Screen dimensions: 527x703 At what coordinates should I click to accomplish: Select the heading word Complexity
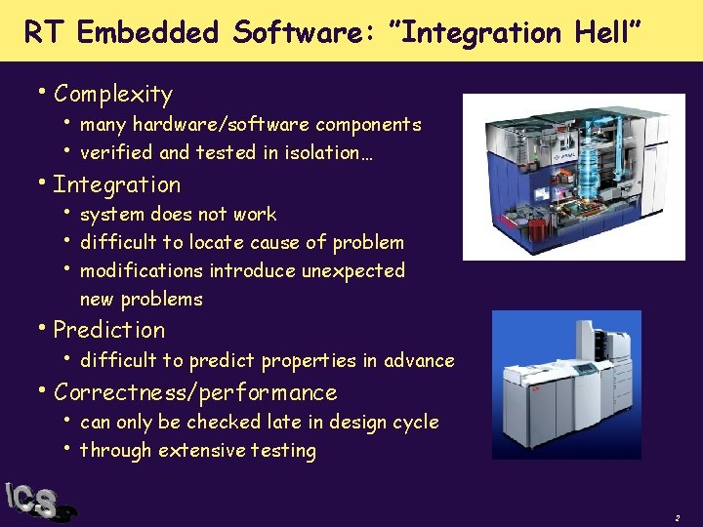coord(113,95)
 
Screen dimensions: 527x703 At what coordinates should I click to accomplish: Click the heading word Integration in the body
coord(117,184)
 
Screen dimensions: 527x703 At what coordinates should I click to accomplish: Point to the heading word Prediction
coord(109,330)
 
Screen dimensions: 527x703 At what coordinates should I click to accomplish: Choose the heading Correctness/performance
coord(195,392)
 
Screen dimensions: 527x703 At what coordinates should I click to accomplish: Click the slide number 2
coord(676,516)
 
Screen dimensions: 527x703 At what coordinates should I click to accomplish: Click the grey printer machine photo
coord(566,385)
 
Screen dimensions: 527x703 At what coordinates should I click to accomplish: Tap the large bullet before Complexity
coord(44,93)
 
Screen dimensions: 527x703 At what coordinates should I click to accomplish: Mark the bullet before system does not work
coord(68,212)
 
